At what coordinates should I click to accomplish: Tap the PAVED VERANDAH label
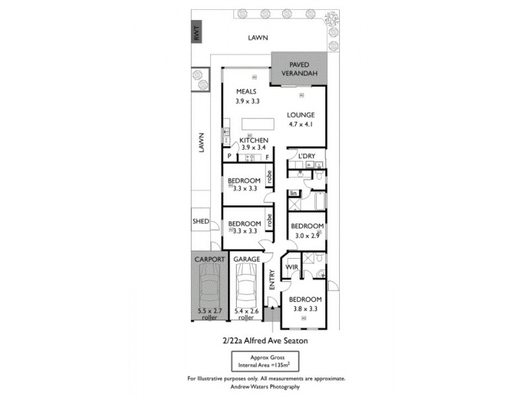coord(299,69)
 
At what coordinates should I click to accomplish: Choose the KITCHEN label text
coord(253,140)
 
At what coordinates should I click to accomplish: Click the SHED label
coord(200,221)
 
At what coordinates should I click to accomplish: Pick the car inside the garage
coord(246,287)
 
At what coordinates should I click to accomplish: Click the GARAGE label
coord(246,259)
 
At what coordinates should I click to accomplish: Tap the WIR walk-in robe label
coord(292,267)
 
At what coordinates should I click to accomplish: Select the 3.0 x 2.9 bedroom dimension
coord(307,235)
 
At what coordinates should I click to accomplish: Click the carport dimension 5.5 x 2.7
coord(211,310)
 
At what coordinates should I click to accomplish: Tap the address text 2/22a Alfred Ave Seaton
coord(264,341)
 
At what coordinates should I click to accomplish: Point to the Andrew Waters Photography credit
coord(264,386)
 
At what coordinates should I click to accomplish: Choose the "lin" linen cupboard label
coord(294,193)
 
